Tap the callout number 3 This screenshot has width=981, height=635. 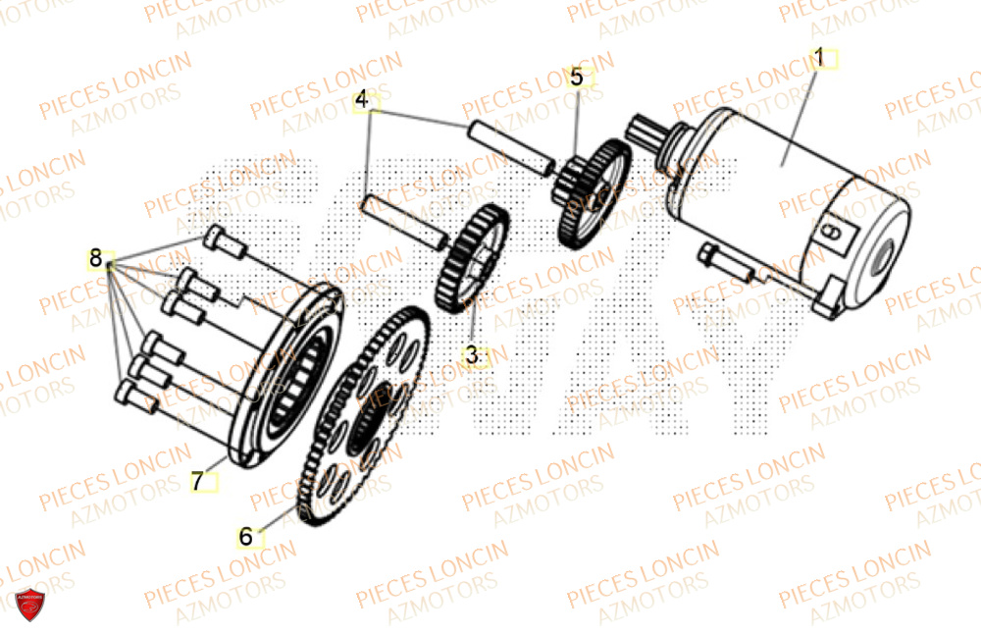[x=472, y=355]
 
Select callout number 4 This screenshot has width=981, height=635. [x=362, y=100]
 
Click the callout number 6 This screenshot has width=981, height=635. [x=245, y=537]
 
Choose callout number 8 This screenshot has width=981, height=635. [x=95, y=259]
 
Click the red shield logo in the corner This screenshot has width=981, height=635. [x=29, y=606]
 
